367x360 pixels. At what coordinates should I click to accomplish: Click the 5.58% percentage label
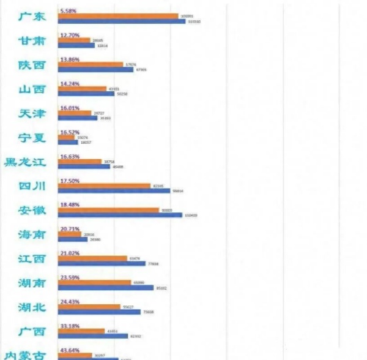(68, 10)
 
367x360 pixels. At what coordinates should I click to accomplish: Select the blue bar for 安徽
(120, 215)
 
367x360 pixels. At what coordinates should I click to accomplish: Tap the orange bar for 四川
(103, 185)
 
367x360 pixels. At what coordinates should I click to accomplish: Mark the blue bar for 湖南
(105, 287)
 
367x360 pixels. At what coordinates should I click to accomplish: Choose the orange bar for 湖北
(89, 306)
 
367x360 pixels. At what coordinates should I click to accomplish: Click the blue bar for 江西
(102, 263)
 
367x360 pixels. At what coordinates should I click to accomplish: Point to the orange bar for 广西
(81, 330)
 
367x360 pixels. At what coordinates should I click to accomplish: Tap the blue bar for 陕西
(95, 70)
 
